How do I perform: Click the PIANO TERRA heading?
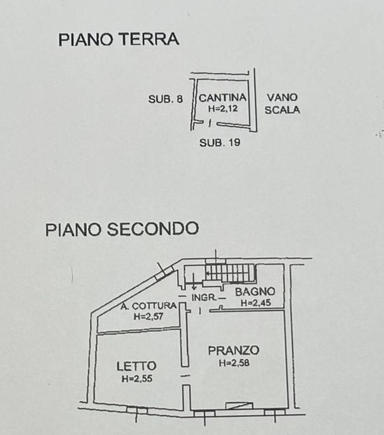point(118,39)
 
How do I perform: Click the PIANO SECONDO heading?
point(122,229)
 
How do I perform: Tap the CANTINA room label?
point(223,98)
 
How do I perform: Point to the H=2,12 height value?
point(223,108)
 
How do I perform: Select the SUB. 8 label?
point(166,99)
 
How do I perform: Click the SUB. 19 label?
point(220,143)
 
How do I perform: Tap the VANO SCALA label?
point(282,104)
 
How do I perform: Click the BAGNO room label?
point(255,292)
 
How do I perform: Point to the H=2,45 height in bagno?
point(255,303)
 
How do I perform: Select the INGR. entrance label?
point(204,297)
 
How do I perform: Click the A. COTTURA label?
point(148,306)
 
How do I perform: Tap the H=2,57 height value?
point(148,317)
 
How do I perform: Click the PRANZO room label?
point(234,350)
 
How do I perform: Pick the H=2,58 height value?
point(234,363)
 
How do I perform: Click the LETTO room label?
point(136,366)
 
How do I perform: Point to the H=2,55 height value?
point(137,379)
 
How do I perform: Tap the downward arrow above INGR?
point(194,281)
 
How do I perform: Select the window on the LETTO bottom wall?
point(137,410)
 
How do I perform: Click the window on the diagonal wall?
point(164,273)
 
